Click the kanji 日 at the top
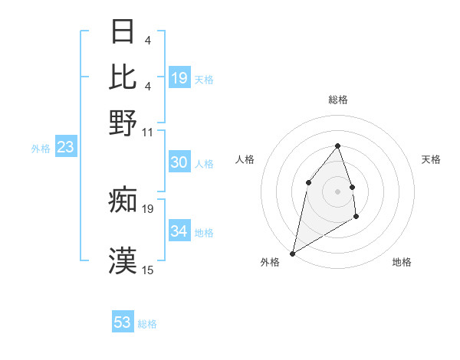pos(123,33)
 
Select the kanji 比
pos(123,77)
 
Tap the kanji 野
pos(123,121)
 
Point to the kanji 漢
pos(123,258)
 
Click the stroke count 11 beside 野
pos(148,132)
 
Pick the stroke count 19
pos(148,208)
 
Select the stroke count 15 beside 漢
pos(148,270)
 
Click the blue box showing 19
pos(179,78)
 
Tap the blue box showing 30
pos(179,162)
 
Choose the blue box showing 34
pos(179,231)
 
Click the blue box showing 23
pos(65,147)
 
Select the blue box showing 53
pos(123,322)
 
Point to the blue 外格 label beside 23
pos(41,149)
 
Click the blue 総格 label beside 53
pos(147,324)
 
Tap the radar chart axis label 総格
pos(338,100)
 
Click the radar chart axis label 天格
pos(432,159)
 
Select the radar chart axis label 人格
pos(245,159)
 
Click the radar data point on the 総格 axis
pos(337,146)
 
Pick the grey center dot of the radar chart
pos(337,191)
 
